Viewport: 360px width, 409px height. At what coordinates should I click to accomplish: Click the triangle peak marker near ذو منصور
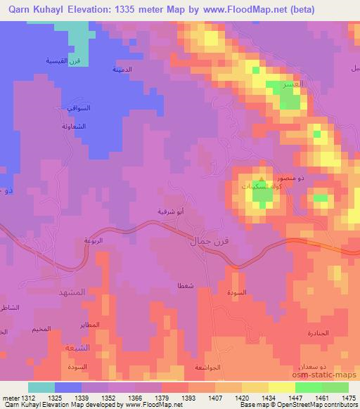(262, 179)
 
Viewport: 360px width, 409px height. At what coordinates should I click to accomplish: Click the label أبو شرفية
(170, 209)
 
